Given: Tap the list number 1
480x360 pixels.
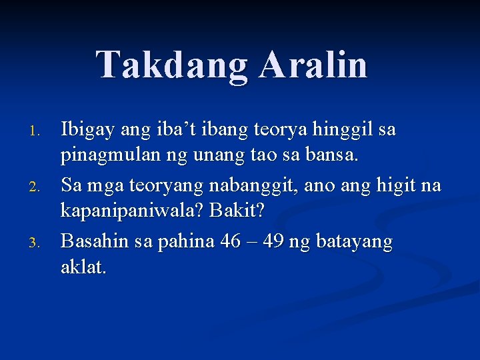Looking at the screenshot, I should [38, 131].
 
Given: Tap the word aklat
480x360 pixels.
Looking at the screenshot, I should [83, 268].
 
